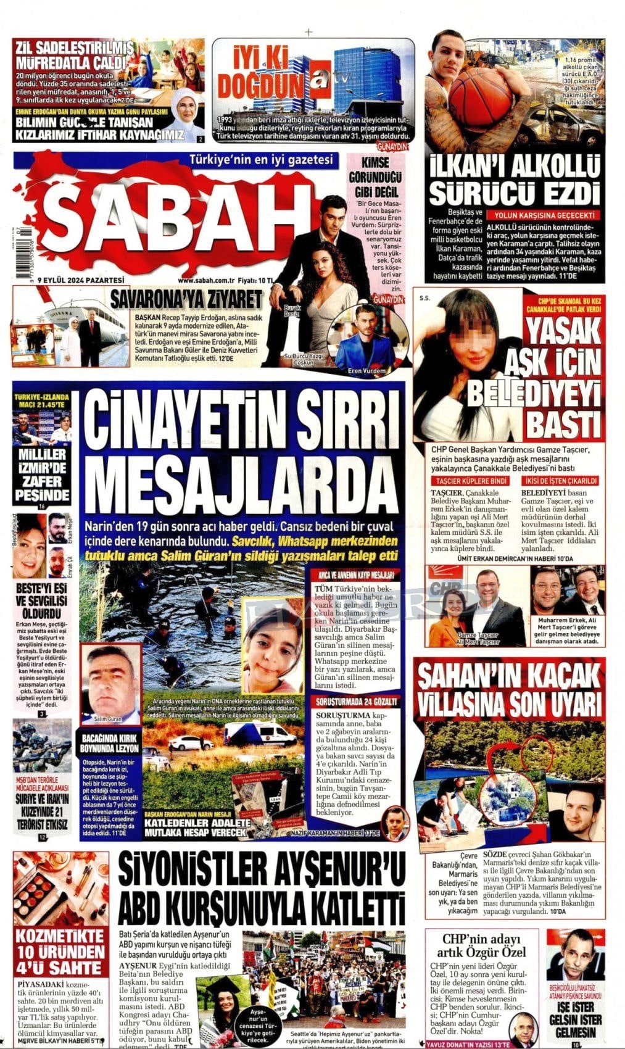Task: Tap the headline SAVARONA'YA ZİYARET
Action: click(187, 301)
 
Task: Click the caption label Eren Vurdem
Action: click(366, 371)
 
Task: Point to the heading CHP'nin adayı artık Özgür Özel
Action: click(483, 947)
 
